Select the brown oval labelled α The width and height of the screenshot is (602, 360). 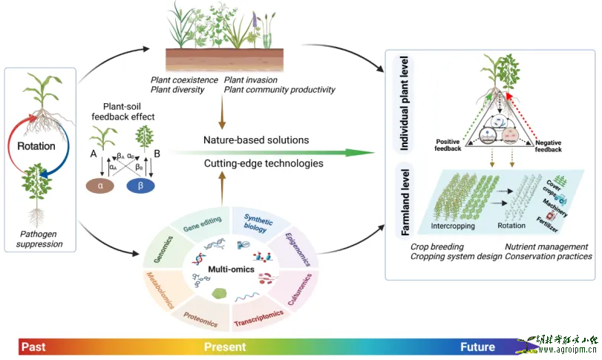[102, 183]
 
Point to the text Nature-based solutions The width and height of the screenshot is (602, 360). [256, 140]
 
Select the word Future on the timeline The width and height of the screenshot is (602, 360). [477, 347]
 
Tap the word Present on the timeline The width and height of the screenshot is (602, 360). [226, 347]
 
